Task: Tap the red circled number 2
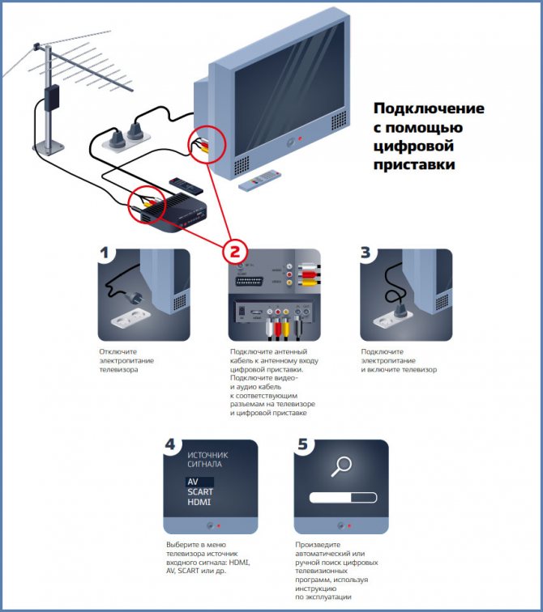click(235, 250)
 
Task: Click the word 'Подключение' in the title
click(428, 108)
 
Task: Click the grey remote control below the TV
click(259, 181)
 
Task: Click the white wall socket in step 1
click(130, 319)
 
